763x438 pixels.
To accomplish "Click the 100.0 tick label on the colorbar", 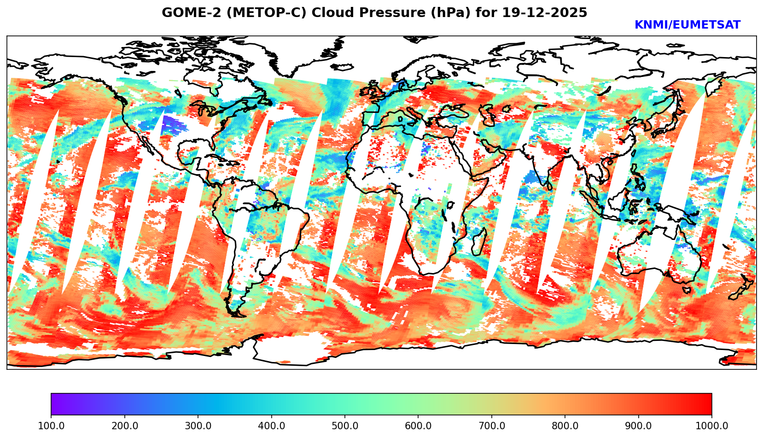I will pos(51,426).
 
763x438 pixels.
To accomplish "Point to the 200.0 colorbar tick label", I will pos(124,426).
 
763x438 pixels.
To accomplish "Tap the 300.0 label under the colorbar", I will pos(198,426).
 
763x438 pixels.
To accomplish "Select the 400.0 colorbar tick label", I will pos(271,426).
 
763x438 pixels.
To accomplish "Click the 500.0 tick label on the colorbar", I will pos(345,426).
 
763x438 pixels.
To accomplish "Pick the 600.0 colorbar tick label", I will pos(418,426).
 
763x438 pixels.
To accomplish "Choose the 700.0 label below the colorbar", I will pos(492,426).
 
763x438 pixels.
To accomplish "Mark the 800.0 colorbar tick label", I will pos(565,426).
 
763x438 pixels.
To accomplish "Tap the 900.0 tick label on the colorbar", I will pos(639,426).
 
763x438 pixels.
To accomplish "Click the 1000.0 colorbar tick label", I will pos(711,426).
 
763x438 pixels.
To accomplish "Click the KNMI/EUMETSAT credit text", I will pos(687,25).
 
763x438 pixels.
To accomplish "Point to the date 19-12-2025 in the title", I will pos(545,13).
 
